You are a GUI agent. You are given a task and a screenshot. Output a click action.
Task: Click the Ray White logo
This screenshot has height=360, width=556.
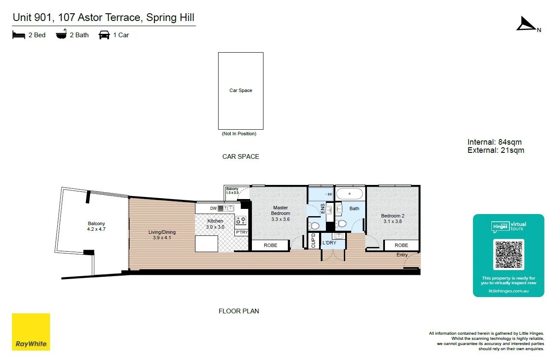(31, 332)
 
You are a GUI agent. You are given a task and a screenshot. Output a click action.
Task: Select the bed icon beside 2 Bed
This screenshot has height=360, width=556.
(19, 35)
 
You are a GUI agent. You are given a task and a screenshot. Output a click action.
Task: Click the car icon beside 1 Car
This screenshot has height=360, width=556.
(104, 35)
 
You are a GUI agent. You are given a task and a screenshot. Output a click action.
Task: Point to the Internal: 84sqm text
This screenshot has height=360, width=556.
(494, 142)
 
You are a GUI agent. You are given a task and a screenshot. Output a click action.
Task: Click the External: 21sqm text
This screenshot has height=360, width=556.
(496, 150)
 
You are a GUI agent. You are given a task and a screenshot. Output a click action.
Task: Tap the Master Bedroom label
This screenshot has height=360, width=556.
(281, 211)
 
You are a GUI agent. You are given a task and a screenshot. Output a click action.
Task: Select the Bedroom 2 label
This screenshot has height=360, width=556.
(393, 216)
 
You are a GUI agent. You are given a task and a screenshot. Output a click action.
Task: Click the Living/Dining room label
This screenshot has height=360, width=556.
(162, 232)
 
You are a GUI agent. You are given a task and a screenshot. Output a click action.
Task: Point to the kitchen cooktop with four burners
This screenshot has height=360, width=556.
(241, 220)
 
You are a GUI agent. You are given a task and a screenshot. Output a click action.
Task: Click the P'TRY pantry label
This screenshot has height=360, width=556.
(242, 232)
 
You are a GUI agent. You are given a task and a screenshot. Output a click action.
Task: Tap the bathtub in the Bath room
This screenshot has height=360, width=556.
(349, 193)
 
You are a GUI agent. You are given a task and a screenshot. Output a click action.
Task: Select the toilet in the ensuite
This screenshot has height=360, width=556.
(314, 225)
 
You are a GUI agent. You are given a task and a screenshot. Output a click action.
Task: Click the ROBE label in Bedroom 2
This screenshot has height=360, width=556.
(401, 245)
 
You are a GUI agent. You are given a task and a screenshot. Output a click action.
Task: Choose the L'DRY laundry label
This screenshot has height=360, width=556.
(329, 243)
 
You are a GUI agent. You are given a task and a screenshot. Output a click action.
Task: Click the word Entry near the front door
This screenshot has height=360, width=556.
(402, 255)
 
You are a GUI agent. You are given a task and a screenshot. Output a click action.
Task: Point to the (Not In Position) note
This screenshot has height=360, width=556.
(239, 134)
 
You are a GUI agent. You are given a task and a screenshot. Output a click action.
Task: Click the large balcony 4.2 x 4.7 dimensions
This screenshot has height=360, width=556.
(96, 229)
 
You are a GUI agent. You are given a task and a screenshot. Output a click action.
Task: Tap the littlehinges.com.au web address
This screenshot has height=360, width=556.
(509, 291)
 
